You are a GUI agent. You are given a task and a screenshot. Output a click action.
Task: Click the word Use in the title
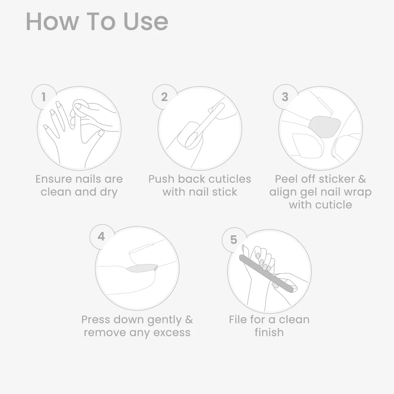click(x=146, y=21)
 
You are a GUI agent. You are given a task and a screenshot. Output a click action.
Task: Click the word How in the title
click(x=52, y=21)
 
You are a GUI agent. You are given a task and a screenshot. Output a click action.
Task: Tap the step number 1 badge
click(x=44, y=97)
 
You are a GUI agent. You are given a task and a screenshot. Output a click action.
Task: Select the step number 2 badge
click(x=165, y=97)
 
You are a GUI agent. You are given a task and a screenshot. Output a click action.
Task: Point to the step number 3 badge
click(x=285, y=97)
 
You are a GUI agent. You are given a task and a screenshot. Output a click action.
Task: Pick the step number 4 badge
click(x=101, y=236)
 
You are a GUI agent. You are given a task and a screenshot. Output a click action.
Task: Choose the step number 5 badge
click(x=234, y=240)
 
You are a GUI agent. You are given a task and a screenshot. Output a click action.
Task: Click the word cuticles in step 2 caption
click(x=230, y=179)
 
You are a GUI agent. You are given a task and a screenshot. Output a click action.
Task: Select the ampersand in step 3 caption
click(x=362, y=179)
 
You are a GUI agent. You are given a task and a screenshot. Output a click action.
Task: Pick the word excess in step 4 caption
click(x=172, y=332)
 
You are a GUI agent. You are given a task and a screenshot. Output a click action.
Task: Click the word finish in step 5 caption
click(x=269, y=332)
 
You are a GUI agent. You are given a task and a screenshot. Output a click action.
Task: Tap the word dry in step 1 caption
click(x=109, y=192)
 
